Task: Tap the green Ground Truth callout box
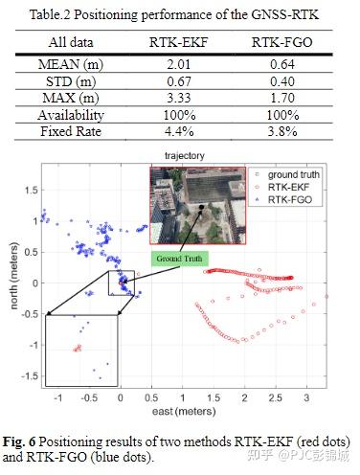click(x=179, y=258)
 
